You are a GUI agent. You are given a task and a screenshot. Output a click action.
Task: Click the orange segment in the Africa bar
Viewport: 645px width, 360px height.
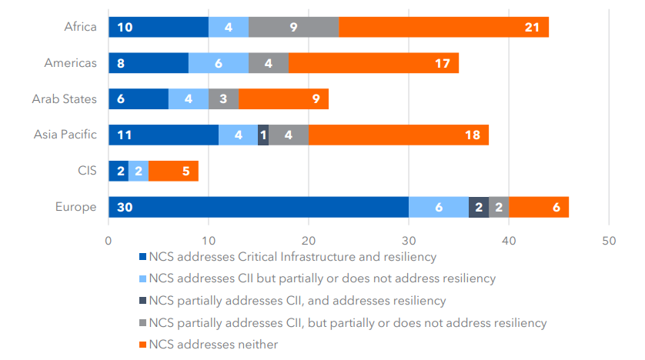(x=443, y=27)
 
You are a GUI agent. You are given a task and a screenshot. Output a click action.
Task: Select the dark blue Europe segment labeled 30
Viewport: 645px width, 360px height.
(x=258, y=206)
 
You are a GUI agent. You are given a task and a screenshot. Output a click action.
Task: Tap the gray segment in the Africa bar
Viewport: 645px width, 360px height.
(x=293, y=27)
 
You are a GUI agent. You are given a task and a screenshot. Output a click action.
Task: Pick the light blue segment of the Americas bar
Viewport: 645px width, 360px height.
(x=219, y=63)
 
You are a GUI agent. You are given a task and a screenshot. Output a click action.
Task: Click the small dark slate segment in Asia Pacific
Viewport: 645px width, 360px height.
(x=263, y=135)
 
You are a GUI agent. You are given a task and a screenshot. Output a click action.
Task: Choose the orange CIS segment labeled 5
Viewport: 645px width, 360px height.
(x=173, y=171)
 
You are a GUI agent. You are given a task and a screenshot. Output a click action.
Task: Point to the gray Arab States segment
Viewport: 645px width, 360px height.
(x=223, y=98)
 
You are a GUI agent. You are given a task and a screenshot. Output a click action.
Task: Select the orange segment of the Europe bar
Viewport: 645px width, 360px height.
(x=539, y=206)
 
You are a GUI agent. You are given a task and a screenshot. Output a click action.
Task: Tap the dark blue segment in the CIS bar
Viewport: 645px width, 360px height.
(x=118, y=171)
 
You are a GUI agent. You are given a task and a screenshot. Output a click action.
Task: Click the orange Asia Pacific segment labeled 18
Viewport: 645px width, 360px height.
(x=399, y=135)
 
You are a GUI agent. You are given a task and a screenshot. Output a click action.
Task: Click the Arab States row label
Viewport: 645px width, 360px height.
(x=65, y=98)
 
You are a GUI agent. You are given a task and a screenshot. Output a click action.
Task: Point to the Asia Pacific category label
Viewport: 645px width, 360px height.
(x=65, y=135)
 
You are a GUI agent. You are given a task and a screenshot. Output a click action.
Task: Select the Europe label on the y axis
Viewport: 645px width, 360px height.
(x=76, y=206)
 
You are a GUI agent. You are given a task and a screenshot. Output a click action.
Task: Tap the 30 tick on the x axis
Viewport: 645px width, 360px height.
(x=408, y=239)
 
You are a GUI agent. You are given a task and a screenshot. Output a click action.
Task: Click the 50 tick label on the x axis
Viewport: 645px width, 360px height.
(x=608, y=239)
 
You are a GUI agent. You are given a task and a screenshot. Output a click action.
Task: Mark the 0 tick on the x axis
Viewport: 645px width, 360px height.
(x=109, y=239)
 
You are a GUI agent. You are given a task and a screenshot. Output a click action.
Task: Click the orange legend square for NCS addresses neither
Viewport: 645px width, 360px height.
(x=142, y=345)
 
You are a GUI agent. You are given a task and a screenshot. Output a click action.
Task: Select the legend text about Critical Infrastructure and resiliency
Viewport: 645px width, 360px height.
(x=292, y=256)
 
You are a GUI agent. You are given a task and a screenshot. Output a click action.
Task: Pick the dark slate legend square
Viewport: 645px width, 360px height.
(x=142, y=301)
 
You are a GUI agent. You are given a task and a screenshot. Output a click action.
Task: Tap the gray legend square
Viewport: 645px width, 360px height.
(x=142, y=322)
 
